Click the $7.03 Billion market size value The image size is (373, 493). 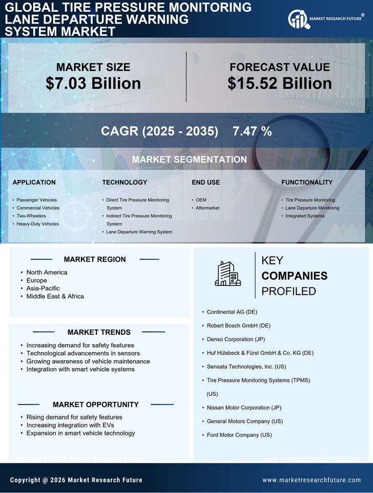point(93,83)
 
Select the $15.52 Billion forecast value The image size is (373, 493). point(279,83)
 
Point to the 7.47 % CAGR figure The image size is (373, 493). point(252,131)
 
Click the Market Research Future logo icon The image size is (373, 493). point(297,19)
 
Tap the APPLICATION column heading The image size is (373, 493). point(34,182)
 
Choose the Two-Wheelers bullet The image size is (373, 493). point(31,216)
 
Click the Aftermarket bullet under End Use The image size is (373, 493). point(208,208)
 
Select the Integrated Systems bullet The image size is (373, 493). point(305,216)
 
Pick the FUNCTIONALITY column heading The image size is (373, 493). point(306,182)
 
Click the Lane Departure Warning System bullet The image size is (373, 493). point(139,232)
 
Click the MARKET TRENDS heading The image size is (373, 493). point(99,332)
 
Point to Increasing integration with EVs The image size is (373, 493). point(70,425)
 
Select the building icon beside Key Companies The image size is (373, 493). point(227,274)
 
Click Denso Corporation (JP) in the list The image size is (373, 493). point(237,339)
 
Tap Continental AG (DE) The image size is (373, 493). point(232,311)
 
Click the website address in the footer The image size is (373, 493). point(312,480)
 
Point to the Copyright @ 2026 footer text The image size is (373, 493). point(76,480)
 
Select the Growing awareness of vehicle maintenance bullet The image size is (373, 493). point(88,361)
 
